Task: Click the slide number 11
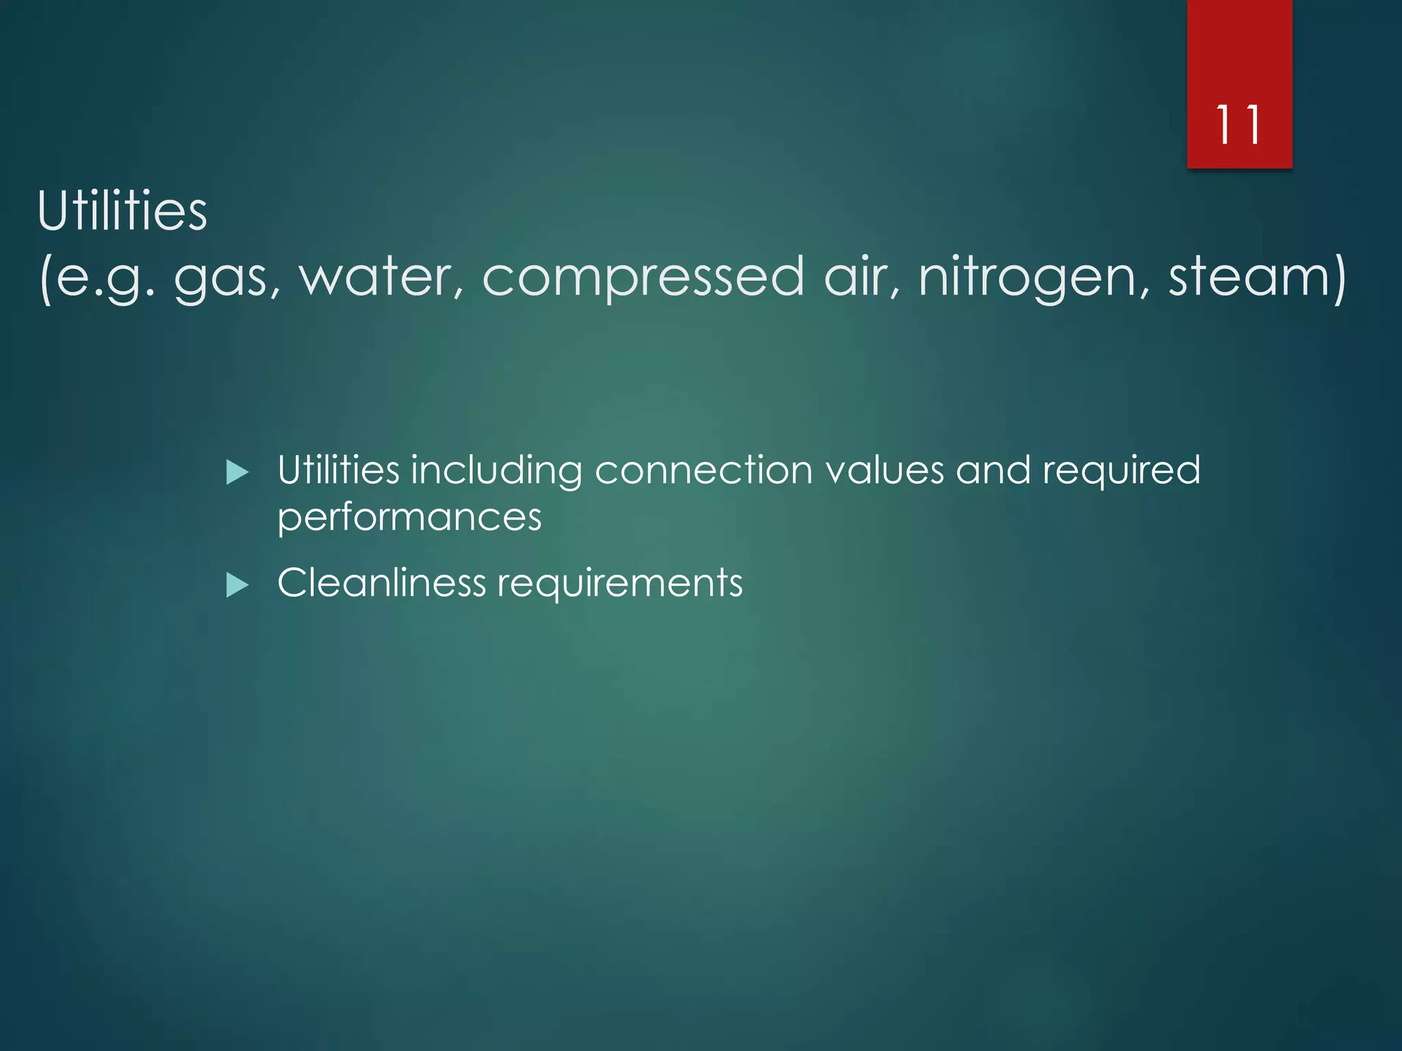[1238, 125]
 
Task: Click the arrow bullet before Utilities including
[237, 472]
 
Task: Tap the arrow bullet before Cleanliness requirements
[237, 585]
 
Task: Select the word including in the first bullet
[496, 471]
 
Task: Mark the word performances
[409, 517]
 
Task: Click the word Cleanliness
[381, 583]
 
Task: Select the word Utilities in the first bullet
[338, 471]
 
